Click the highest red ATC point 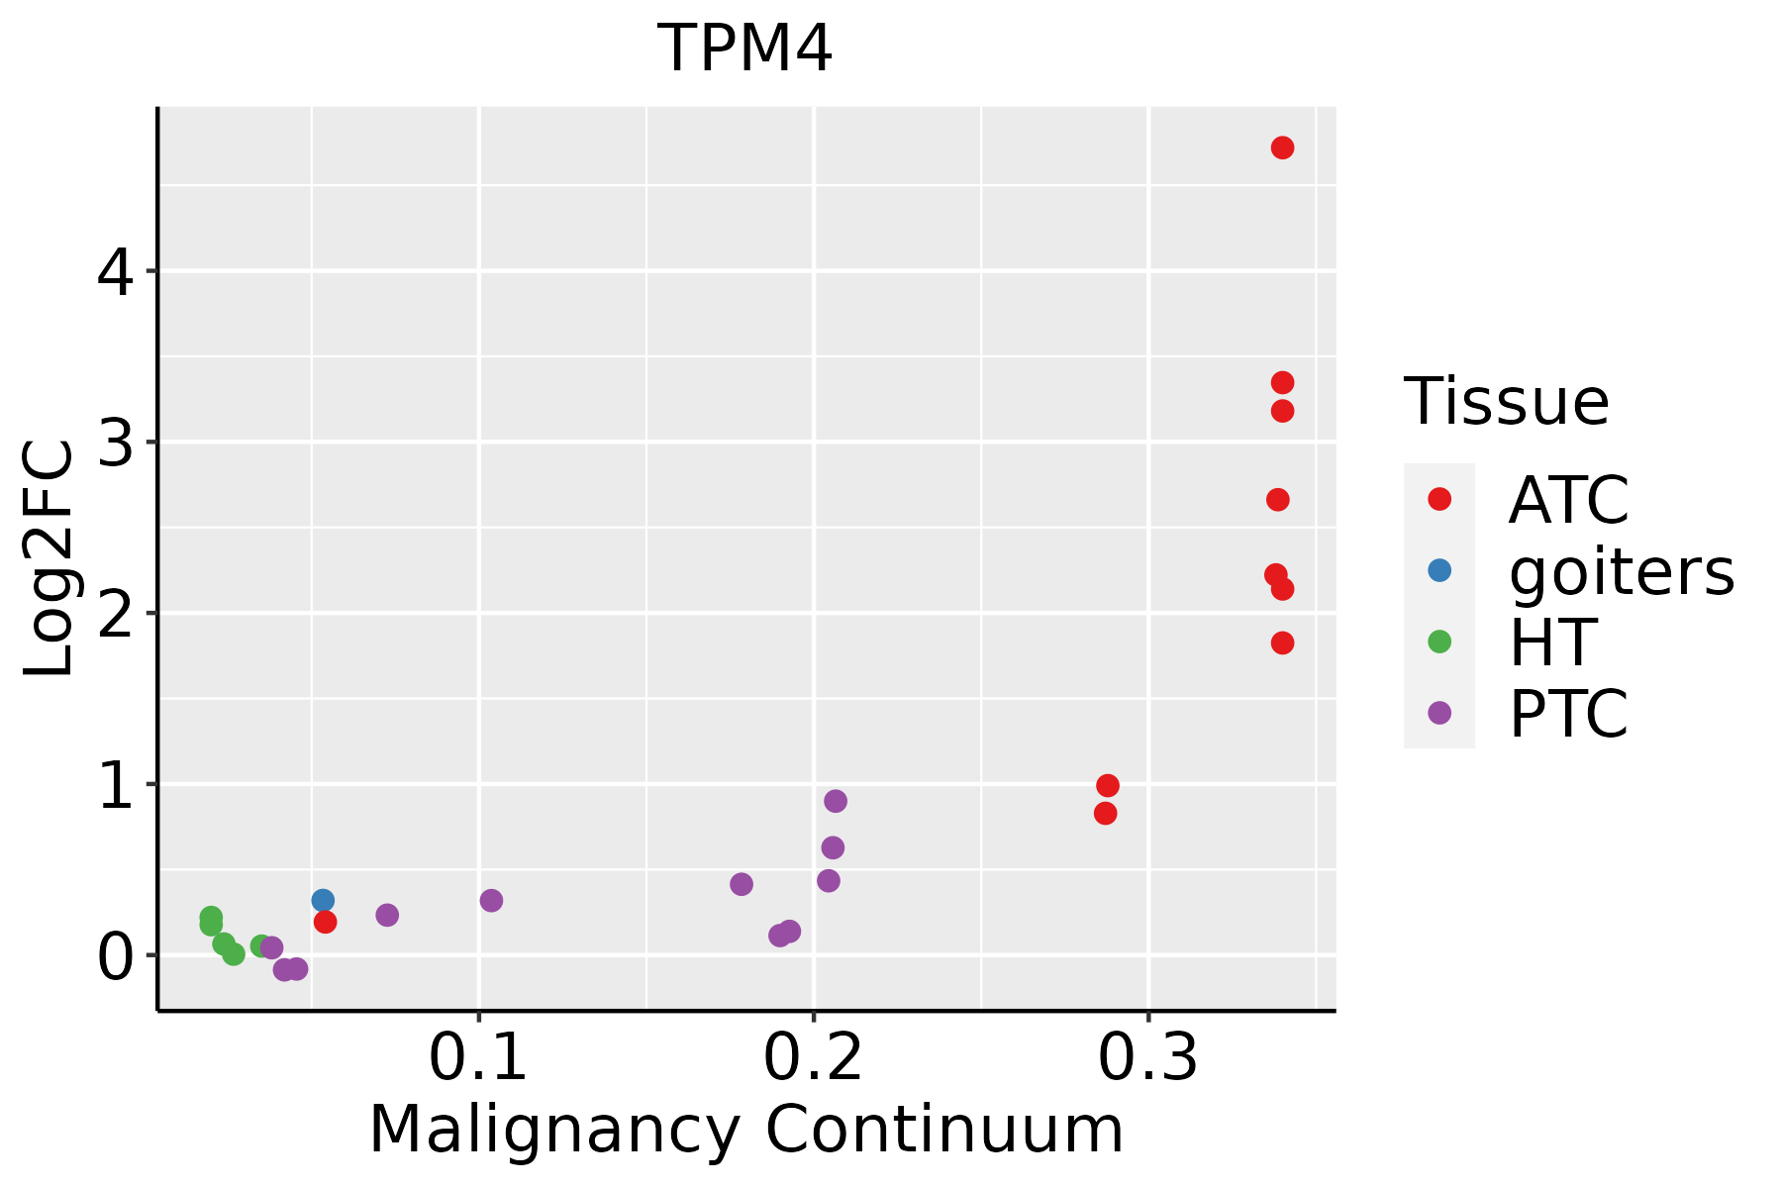(1282, 148)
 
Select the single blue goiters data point (323, 900)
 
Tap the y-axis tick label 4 (115, 271)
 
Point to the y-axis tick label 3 (115, 443)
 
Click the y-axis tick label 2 (115, 614)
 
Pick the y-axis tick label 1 (115, 785)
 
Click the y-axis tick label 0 (115, 956)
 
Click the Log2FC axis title (49, 559)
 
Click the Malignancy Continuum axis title (745, 1130)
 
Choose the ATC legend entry (1568, 500)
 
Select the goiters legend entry (1621, 571)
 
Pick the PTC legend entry (1568, 714)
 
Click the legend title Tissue (1506, 402)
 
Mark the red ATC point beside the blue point (325, 922)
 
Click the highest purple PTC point (836, 801)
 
